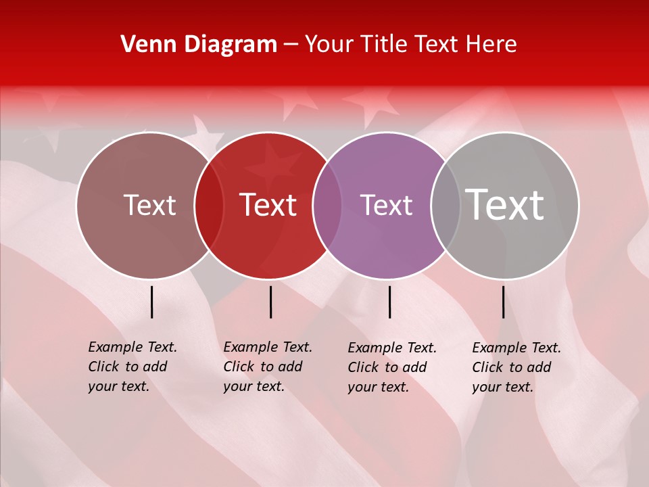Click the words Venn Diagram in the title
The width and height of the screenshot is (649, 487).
click(x=199, y=45)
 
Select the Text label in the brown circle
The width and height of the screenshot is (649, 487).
click(x=149, y=205)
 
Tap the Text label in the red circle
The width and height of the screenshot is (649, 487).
click(x=268, y=205)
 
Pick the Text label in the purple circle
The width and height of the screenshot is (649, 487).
click(x=386, y=205)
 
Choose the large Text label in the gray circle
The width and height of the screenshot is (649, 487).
click(x=505, y=205)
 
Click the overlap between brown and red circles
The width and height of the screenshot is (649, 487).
click(x=209, y=206)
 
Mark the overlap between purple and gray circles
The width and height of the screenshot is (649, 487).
click(x=446, y=206)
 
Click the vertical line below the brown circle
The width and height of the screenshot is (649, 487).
click(x=152, y=302)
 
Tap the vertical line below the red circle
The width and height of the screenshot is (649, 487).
click(x=270, y=302)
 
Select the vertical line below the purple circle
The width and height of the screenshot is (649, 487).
click(x=390, y=302)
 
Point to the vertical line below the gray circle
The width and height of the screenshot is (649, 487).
click(x=504, y=302)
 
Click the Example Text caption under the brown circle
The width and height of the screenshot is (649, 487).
click(x=133, y=367)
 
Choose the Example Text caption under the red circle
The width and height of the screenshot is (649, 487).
click(x=268, y=367)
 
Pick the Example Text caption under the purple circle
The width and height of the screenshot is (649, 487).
click(x=392, y=367)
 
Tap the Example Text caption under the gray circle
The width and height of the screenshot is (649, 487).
click(x=516, y=367)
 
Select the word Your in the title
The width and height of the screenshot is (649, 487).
click(x=330, y=45)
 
